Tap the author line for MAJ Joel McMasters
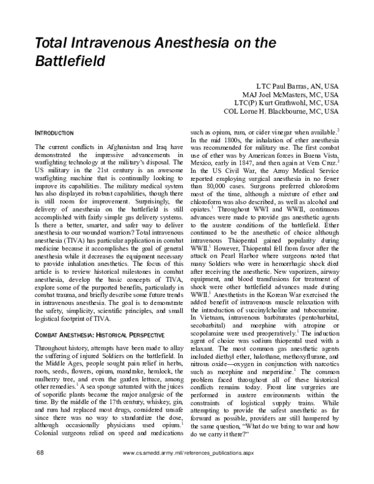tap(285, 93)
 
